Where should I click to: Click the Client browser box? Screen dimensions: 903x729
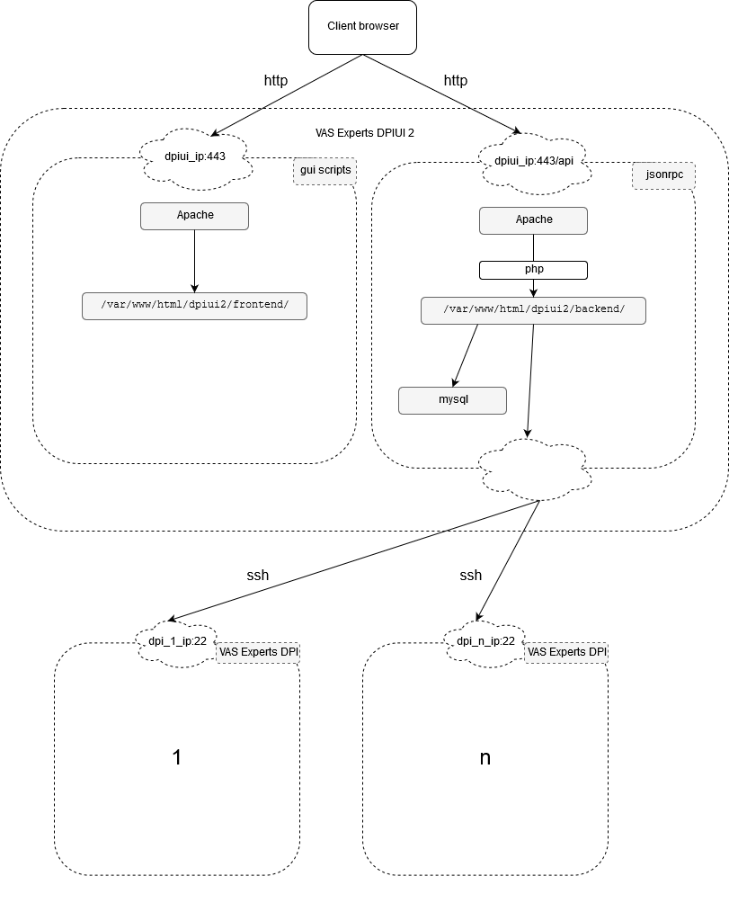tap(363, 27)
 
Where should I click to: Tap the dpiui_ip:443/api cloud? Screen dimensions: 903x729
tap(534, 163)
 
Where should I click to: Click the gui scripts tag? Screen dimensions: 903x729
tap(324, 170)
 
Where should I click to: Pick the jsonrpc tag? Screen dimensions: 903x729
tap(663, 174)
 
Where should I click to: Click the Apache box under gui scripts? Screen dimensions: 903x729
tap(194, 216)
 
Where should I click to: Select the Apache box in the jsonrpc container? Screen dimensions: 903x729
tap(533, 220)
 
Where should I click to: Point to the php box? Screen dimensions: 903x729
tap(533, 270)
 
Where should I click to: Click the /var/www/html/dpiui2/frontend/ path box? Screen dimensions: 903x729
tap(194, 306)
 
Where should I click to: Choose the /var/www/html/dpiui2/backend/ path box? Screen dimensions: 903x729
tap(533, 310)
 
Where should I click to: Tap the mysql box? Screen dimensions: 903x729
tap(452, 400)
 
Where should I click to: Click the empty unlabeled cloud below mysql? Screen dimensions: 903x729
tap(537, 469)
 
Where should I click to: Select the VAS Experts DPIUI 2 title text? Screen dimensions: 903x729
tap(364, 133)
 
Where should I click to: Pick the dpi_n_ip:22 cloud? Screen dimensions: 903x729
tap(485, 642)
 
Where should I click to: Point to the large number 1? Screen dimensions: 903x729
tap(177, 757)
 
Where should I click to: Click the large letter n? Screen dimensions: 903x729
tap(485, 757)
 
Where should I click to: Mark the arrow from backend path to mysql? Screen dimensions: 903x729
tap(466, 355)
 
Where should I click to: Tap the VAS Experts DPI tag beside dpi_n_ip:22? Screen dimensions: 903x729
tap(566, 652)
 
